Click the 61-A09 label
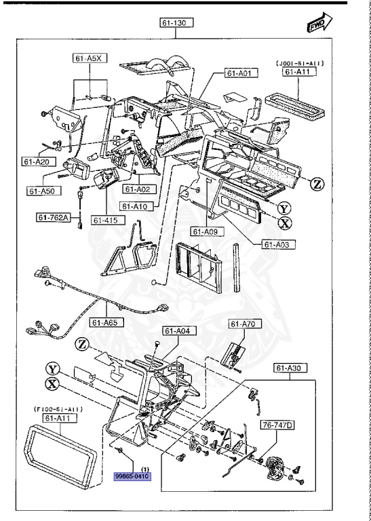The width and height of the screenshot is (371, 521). click(x=206, y=231)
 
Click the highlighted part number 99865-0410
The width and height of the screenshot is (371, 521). click(x=132, y=476)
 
